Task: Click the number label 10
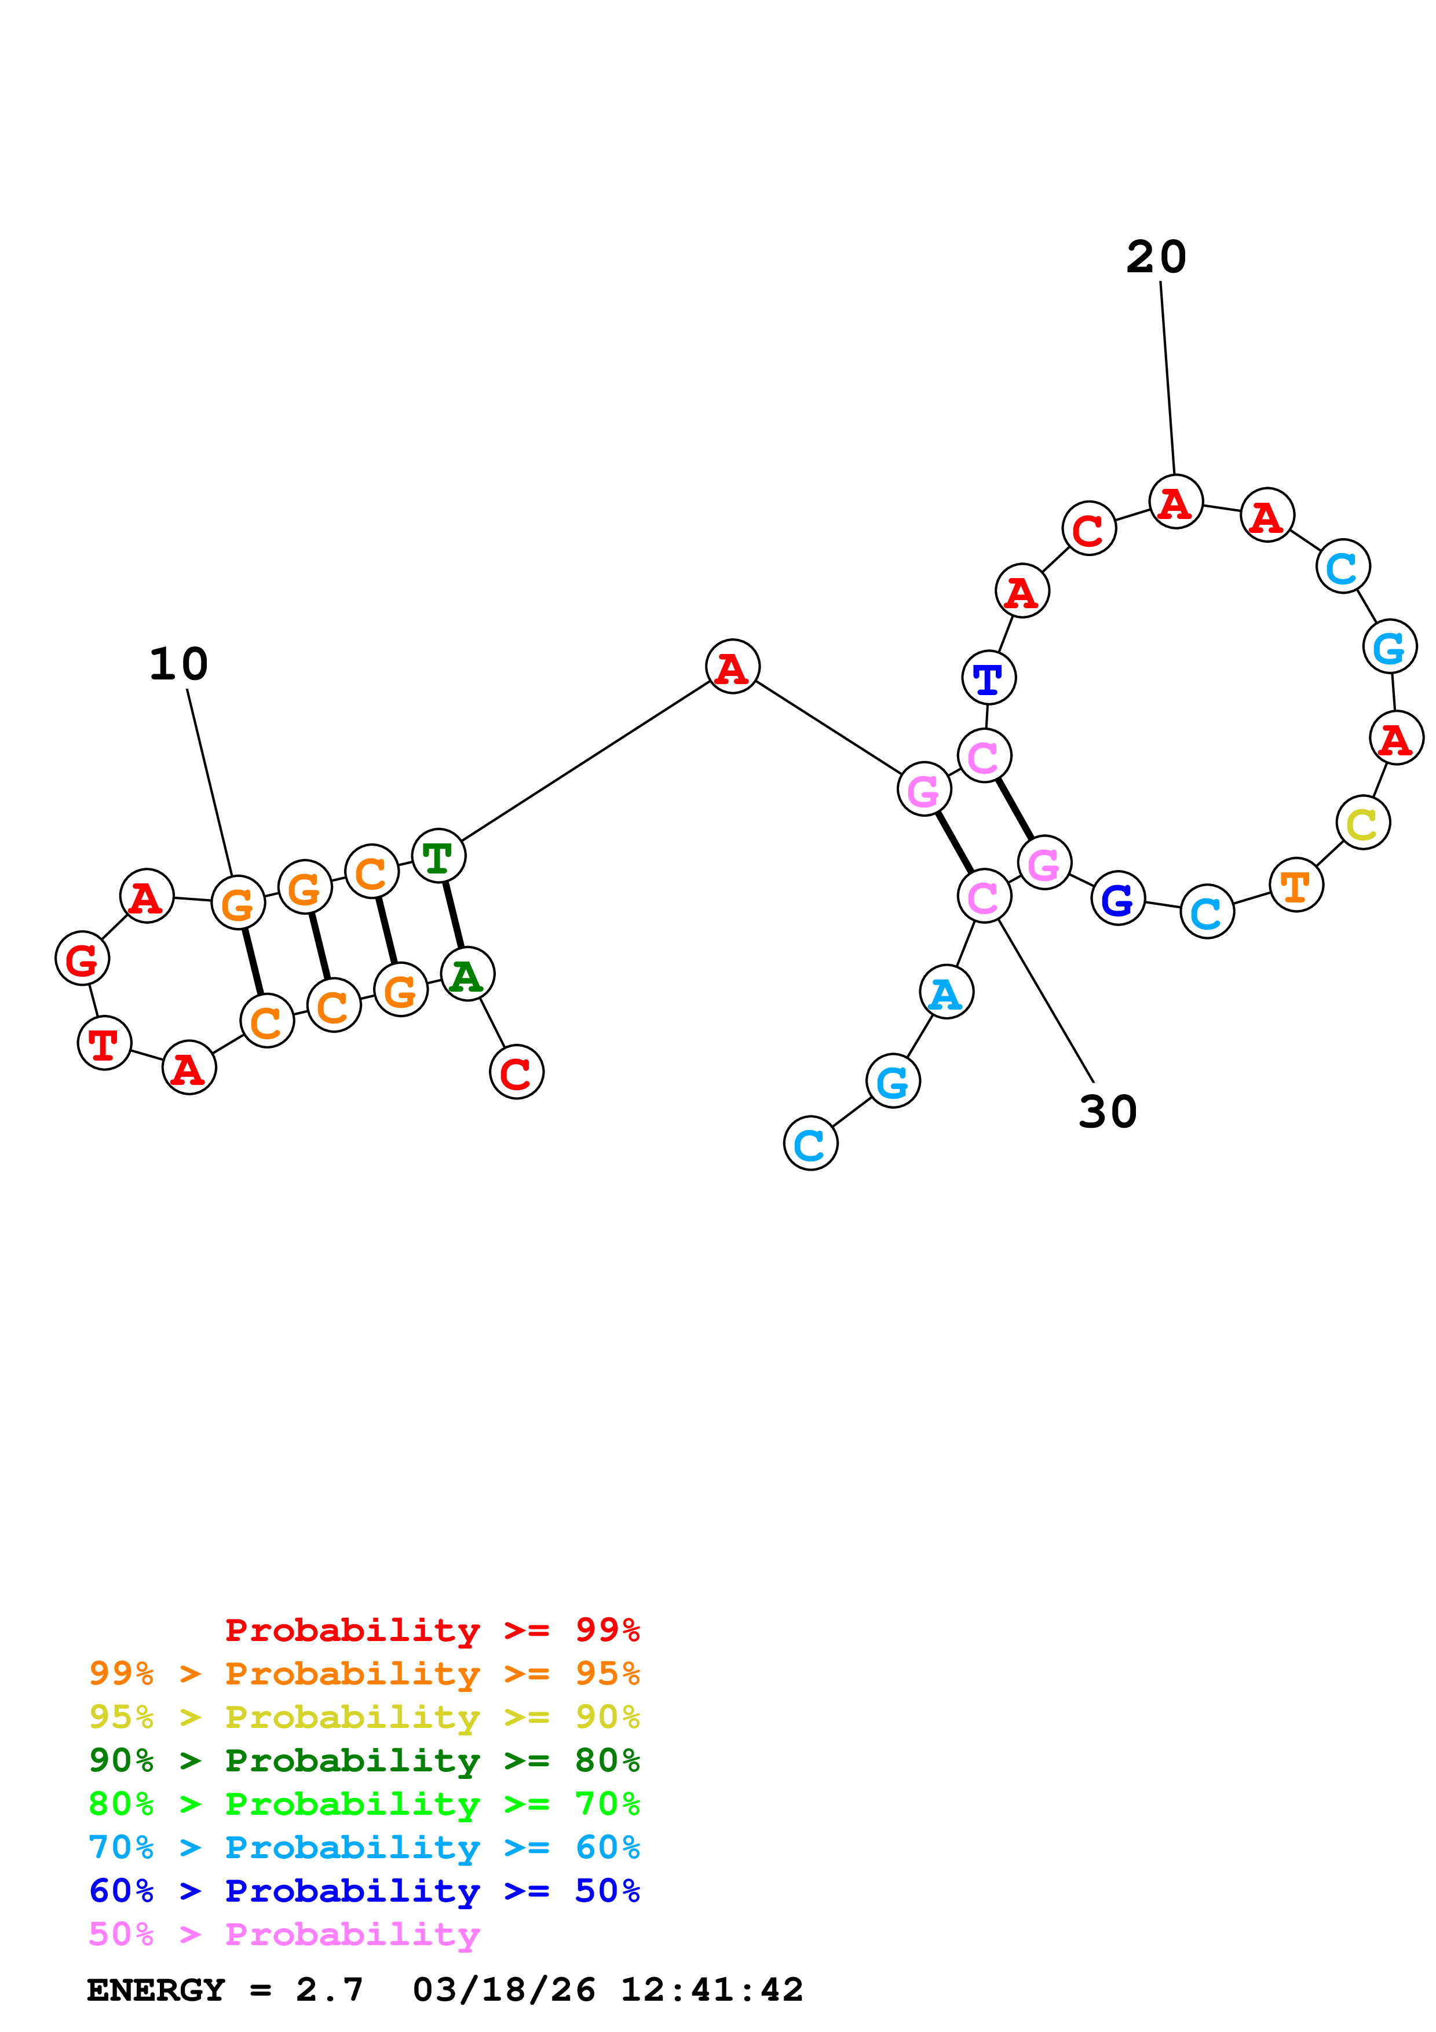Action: pyautogui.click(x=179, y=664)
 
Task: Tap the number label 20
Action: pyautogui.click(x=1156, y=258)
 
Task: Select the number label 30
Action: pyautogui.click(x=1108, y=1112)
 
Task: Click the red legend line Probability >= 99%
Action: pyautogui.click(x=432, y=1630)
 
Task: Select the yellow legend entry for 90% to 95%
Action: pyautogui.click(x=364, y=1717)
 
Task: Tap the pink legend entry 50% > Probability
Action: pyautogui.click(x=284, y=1935)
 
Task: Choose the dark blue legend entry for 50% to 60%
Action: pyautogui.click(x=364, y=1891)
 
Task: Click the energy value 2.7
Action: pyautogui.click(x=329, y=1990)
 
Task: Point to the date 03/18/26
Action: pyautogui.click(x=503, y=1990)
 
